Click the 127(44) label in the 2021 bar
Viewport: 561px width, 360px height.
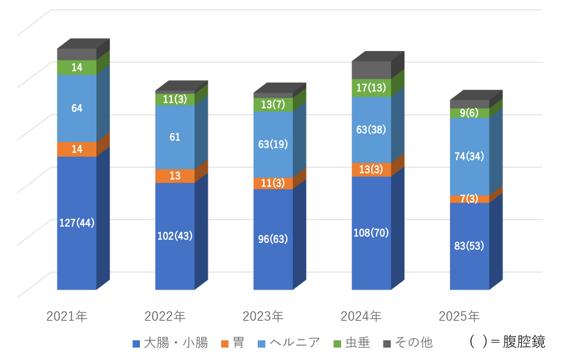point(76,223)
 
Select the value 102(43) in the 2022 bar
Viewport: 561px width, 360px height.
point(174,235)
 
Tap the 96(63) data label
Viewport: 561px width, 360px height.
point(272,239)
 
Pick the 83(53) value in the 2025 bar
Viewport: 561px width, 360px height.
point(469,245)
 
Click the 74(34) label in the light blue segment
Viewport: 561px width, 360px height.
point(469,157)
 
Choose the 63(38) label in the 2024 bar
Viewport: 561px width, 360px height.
point(371,129)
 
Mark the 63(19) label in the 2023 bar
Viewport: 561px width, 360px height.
point(272,145)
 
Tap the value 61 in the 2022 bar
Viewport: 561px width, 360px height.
point(174,137)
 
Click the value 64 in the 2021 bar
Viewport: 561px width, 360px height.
point(76,108)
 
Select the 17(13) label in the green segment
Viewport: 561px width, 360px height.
point(371,88)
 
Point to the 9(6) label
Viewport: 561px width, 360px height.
point(469,113)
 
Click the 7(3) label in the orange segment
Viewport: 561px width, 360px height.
point(469,198)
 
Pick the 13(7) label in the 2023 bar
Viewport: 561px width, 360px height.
point(272,105)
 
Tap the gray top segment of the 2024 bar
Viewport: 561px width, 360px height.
point(371,70)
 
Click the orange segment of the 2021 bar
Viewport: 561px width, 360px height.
point(76,149)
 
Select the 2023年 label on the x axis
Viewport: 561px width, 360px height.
point(262,317)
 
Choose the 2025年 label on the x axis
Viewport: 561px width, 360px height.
point(459,317)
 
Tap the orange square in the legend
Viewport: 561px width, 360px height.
point(225,343)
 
